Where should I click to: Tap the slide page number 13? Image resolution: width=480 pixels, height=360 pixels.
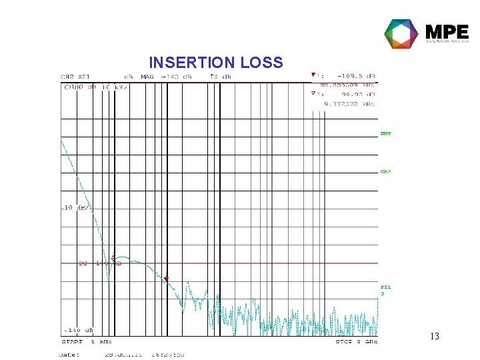[434, 337]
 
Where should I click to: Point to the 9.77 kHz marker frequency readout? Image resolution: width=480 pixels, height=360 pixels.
[349, 103]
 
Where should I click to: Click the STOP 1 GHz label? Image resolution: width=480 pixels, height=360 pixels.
[357, 342]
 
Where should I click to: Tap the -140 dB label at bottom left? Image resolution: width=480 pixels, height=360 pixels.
[78, 330]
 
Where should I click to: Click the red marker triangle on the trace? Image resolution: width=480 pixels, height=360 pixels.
[167, 279]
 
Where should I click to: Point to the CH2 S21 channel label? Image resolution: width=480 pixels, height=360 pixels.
[75, 77]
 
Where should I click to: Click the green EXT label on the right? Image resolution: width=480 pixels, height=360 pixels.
[385, 134]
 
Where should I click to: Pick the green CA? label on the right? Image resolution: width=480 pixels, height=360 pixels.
[385, 171]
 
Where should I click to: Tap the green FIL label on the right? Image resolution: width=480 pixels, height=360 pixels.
[385, 288]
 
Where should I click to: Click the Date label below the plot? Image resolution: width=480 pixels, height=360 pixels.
[71, 355]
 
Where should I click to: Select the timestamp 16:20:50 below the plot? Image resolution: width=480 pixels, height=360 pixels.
[167, 355]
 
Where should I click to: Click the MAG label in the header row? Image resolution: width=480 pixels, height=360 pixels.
[147, 77]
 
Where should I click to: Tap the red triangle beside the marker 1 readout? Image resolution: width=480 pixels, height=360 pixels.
[313, 75]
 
